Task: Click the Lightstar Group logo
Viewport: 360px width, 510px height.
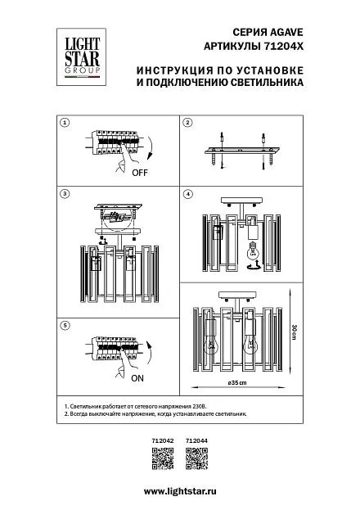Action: (x=81, y=57)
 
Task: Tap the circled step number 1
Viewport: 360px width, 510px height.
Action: (x=65, y=123)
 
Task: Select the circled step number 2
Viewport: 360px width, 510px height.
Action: (x=187, y=123)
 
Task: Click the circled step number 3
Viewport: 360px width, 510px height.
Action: (x=65, y=194)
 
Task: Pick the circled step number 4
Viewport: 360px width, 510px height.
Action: (x=187, y=194)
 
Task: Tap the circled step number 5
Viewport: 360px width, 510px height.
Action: (x=65, y=325)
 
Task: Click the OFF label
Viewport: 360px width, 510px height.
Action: (x=140, y=173)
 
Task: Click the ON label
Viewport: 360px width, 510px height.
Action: (x=137, y=378)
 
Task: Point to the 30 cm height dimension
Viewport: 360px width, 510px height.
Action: (x=294, y=332)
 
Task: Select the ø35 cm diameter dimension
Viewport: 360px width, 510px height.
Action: (x=237, y=382)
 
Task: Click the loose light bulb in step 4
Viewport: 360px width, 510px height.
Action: (x=252, y=250)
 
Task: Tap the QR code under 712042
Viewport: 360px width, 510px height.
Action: (x=163, y=458)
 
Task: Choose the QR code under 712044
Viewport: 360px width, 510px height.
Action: (x=196, y=458)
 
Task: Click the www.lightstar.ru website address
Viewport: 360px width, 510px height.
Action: (x=180, y=491)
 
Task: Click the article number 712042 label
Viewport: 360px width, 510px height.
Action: (x=163, y=440)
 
